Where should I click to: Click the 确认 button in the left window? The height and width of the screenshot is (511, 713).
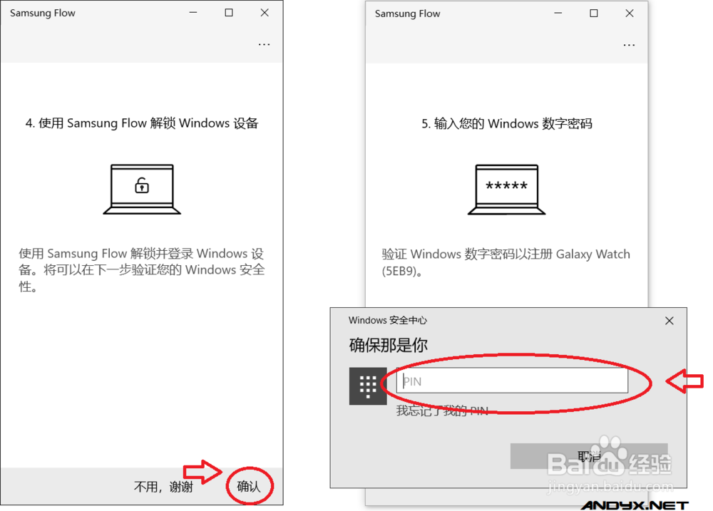click(249, 487)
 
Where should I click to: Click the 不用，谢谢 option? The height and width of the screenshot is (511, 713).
click(163, 487)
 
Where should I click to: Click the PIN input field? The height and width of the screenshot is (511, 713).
click(512, 381)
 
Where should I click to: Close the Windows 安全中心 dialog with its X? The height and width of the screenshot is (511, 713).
click(669, 321)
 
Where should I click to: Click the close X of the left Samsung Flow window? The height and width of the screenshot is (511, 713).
click(265, 13)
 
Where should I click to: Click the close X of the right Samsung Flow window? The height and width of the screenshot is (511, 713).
click(629, 13)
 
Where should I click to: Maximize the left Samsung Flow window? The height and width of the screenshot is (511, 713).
click(229, 13)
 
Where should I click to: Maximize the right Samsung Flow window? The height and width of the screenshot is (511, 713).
click(593, 13)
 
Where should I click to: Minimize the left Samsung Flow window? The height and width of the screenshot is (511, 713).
click(193, 13)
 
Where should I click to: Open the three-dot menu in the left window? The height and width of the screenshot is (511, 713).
click(264, 44)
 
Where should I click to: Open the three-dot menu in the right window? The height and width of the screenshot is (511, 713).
click(628, 45)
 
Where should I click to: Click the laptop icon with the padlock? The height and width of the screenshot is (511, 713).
click(142, 189)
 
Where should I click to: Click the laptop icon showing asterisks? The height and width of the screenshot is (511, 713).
click(506, 189)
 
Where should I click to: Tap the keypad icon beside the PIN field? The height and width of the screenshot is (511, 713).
click(368, 386)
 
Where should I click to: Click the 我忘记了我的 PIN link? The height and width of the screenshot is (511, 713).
click(442, 411)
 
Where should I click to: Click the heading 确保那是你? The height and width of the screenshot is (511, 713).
click(388, 346)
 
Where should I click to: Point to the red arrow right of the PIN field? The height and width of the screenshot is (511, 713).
click(684, 381)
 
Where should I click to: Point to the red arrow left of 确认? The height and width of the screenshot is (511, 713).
click(204, 471)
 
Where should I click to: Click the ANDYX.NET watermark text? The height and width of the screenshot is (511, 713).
click(634, 505)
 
